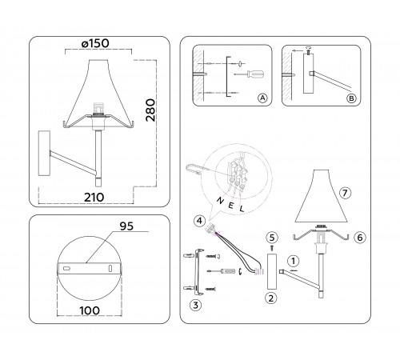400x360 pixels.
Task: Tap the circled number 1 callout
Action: (x=294, y=259)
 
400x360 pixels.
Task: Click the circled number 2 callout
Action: (x=271, y=298)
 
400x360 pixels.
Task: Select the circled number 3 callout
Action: (x=195, y=304)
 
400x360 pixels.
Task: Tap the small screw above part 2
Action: (x=271, y=248)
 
